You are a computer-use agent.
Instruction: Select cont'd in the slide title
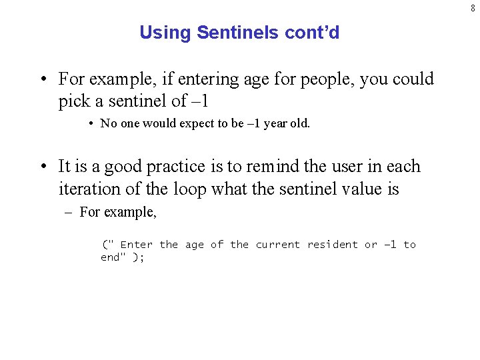pos(314,33)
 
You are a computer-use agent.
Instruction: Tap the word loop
pos(189,189)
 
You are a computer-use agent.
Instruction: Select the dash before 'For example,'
pos(70,213)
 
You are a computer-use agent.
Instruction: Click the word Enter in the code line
pos(136,245)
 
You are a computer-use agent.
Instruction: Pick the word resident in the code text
pos(332,245)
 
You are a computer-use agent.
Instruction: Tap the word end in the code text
pos(110,257)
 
